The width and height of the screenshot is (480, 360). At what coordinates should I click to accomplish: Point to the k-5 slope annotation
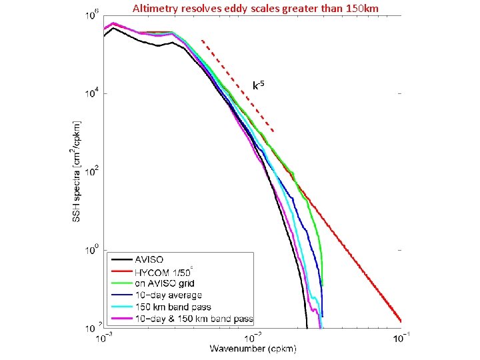click(259, 85)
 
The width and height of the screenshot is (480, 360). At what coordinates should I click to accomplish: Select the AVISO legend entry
click(150, 259)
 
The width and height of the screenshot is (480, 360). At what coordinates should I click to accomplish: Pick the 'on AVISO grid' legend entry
click(165, 283)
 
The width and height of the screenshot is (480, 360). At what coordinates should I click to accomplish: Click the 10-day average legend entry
click(168, 295)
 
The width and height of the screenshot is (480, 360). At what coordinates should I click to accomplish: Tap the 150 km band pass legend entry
click(173, 307)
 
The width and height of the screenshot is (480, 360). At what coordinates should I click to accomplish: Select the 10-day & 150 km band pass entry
click(194, 319)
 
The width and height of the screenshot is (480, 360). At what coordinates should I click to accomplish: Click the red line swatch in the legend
click(123, 271)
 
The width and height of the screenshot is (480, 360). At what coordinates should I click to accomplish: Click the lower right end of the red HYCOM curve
click(400, 319)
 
